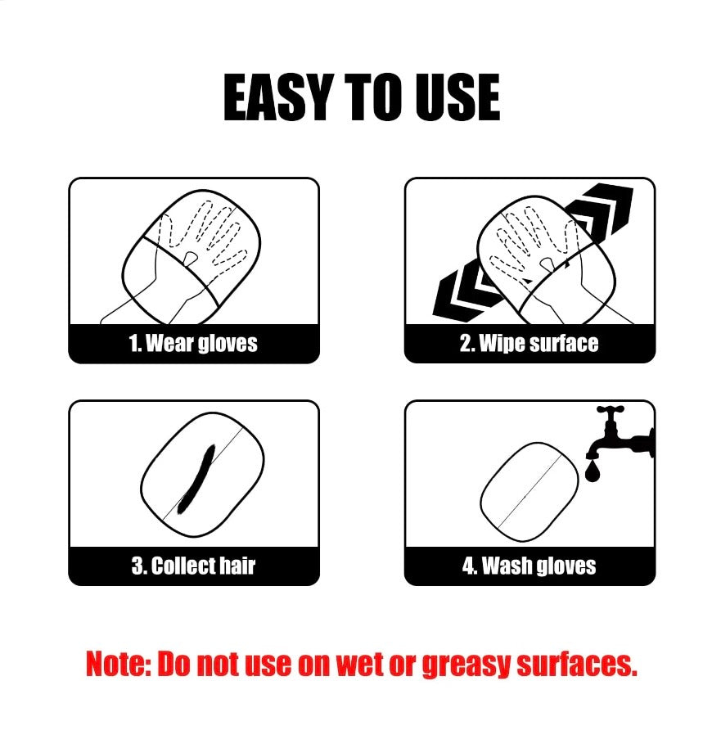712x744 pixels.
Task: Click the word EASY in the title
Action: coord(277,97)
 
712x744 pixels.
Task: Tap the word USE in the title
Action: coord(457,97)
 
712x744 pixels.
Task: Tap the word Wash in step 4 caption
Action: coord(505,566)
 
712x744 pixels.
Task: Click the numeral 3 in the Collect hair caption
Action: coord(137,566)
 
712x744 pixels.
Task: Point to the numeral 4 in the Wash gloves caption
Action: coord(469,566)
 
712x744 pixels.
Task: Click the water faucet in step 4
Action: coord(620,433)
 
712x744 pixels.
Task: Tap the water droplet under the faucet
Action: coord(593,472)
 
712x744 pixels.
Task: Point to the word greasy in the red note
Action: coord(466,665)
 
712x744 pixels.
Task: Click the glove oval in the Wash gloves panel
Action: coord(529,492)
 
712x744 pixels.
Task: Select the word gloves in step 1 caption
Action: coord(228,344)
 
